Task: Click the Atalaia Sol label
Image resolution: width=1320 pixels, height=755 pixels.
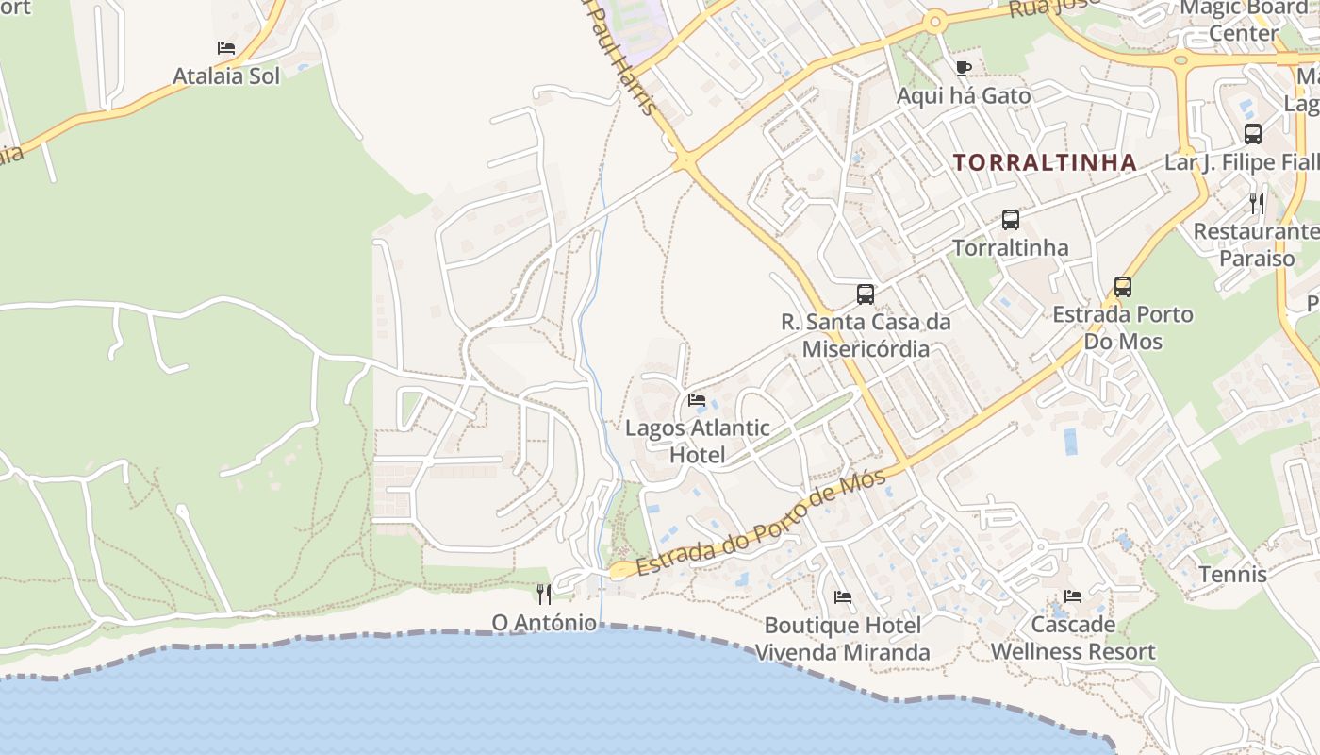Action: pyautogui.click(x=226, y=76)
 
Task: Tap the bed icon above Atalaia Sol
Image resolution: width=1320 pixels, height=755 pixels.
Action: pyautogui.click(x=226, y=48)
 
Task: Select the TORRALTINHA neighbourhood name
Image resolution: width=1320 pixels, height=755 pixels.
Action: pyautogui.click(x=1045, y=162)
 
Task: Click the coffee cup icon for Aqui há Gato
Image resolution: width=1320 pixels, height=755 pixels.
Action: pyautogui.click(x=963, y=68)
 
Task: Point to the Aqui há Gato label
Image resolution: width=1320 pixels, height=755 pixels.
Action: pyautogui.click(x=963, y=95)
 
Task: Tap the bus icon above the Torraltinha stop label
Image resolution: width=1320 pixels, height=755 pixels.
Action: pyautogui.click(x=1010, y=220)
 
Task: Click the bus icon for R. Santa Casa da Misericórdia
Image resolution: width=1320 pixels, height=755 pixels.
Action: pyautogui.click(x=865, y=294)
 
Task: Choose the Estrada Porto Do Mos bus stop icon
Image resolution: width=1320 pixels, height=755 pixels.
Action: pyautogui.click(x=1122, y=286)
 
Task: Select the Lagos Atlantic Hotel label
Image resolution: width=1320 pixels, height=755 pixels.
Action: pyautogui.click(x=698, y=441)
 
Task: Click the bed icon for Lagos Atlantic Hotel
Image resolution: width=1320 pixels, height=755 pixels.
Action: pyautogui.click(x=697, y=400)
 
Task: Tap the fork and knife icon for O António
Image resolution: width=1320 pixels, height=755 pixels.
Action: pyautogui.click(x=544, y=594)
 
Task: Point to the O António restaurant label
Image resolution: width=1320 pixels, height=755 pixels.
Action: pyautogui.click(x=544, y=623)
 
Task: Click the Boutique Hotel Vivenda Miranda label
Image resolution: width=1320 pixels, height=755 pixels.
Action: pyautogui.click(x=842, y=639)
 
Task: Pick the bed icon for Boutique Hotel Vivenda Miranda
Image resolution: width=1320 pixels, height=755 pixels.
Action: pyautogui.click(x=843, y=597)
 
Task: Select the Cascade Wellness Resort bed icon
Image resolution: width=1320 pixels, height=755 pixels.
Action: pyautogui.click(x=1073, y=596)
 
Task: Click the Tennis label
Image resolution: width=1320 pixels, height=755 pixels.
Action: pyautogui.click(x=1232, y=574)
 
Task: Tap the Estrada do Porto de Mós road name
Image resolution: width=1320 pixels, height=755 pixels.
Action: pyautogui.click(x=762, y=522)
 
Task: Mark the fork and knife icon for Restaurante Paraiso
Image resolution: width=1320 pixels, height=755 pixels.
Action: pyautogui.click(x=1256, y=203)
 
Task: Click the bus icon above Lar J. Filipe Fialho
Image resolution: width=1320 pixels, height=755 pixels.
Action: pyautogui.click(x=1252, y=134)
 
